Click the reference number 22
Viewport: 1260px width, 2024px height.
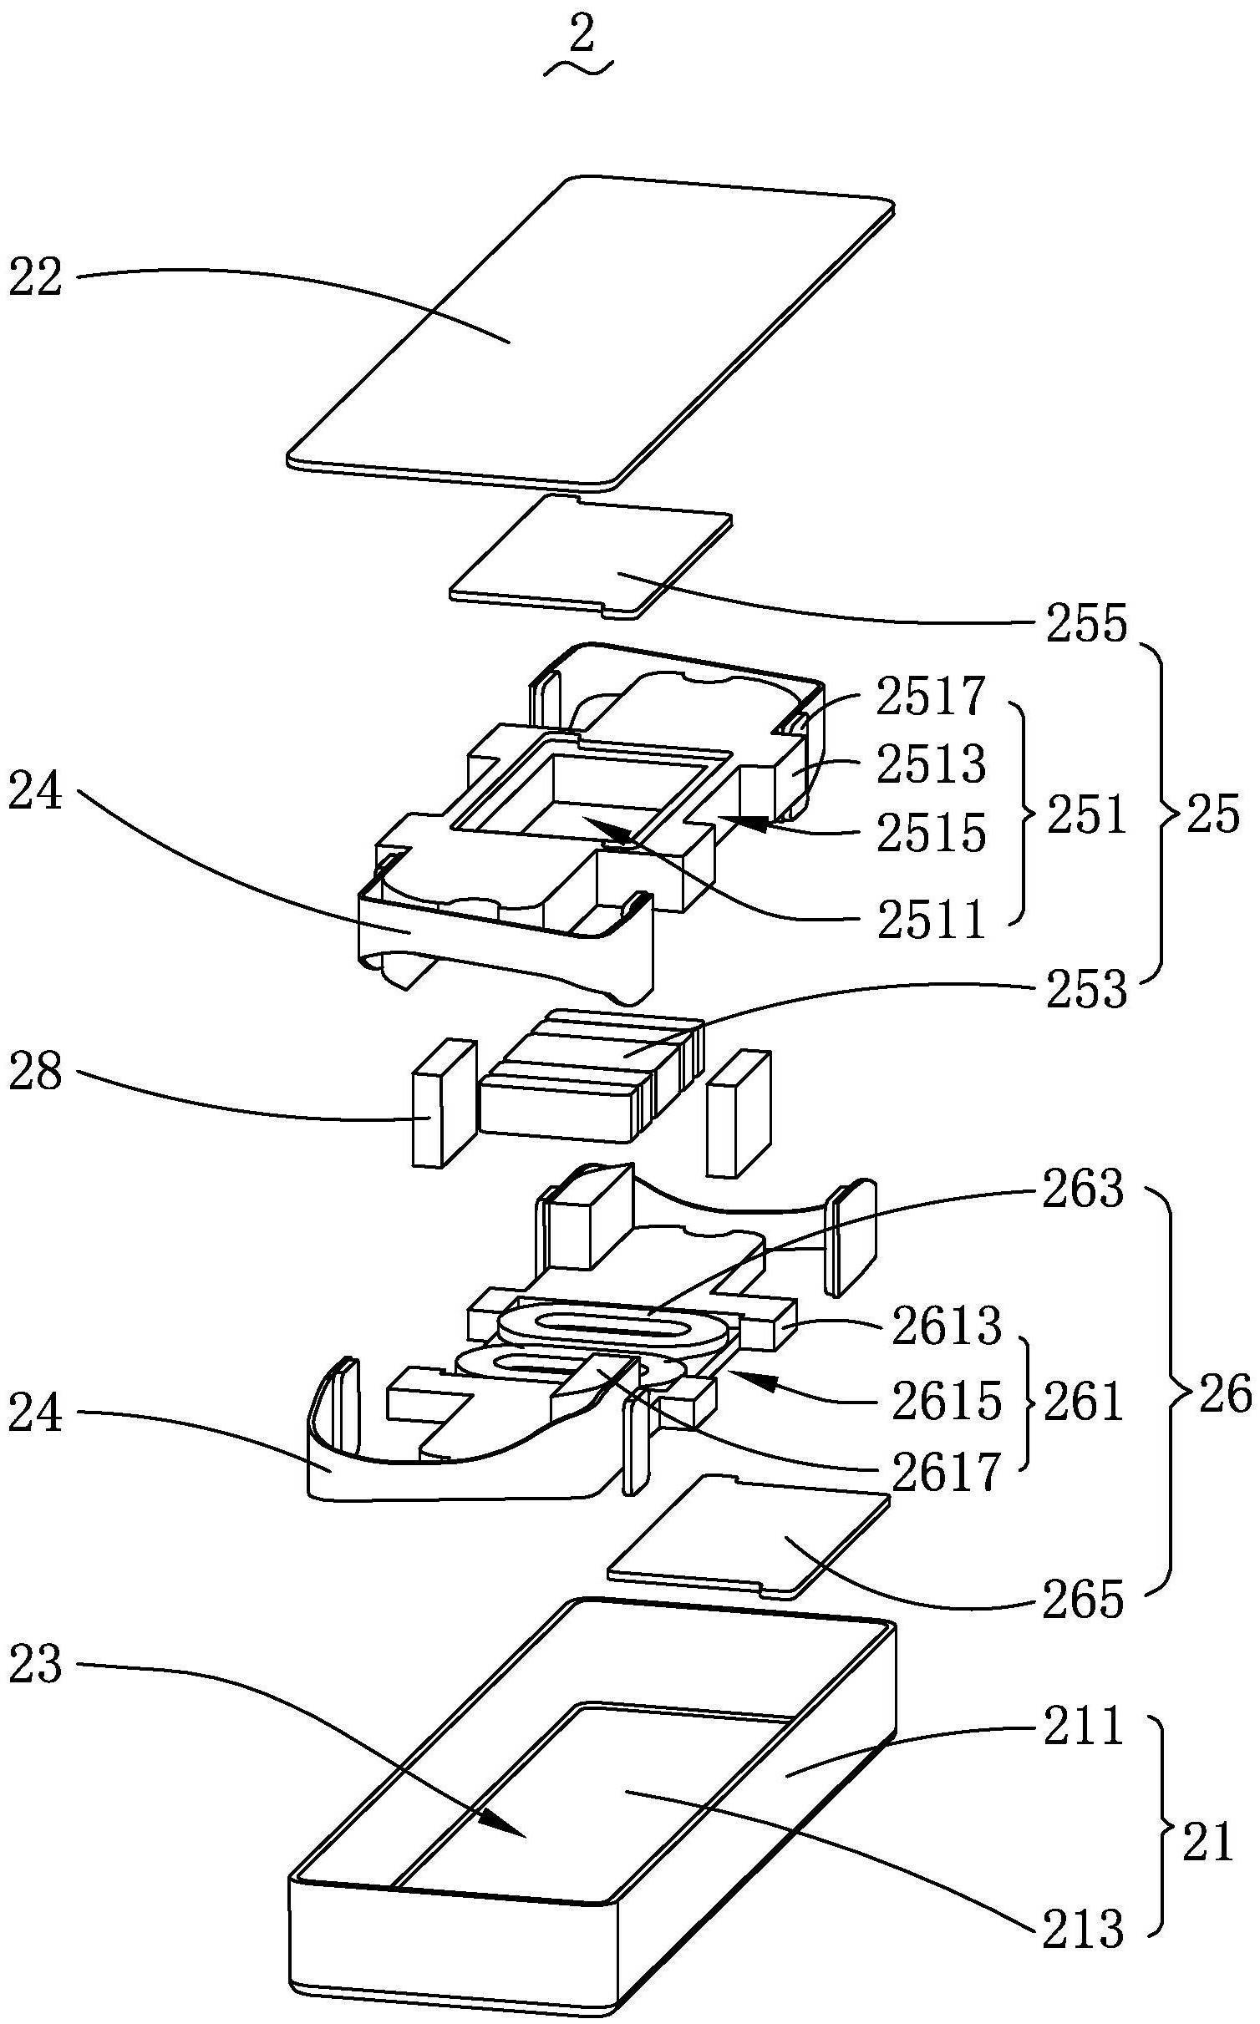35,278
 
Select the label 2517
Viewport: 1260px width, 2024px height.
931,697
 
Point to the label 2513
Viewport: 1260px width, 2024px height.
931,763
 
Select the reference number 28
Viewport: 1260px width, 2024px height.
35,1072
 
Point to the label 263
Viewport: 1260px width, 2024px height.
1083,1190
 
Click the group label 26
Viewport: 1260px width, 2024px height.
1225,1395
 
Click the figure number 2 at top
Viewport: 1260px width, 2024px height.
582,38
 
